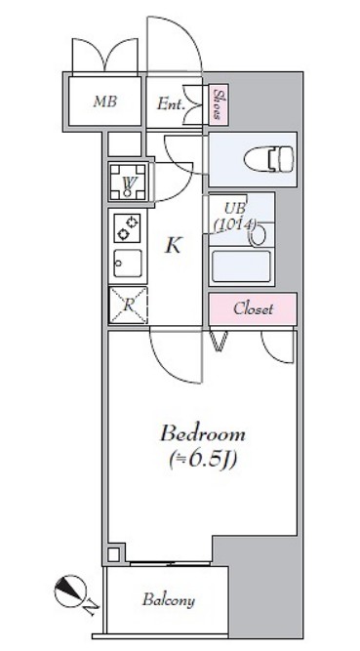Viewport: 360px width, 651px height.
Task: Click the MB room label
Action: click(104, 102)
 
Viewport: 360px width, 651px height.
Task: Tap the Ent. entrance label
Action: click(171, 104)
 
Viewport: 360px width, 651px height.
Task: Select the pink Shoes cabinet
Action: click(219, 104)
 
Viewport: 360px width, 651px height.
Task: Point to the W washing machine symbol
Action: click(128, 183)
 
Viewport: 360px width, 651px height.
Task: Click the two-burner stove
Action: click(127, 228)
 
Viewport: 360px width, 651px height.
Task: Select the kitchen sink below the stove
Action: click(128, 264)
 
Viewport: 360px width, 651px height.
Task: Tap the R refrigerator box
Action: click(128, 305)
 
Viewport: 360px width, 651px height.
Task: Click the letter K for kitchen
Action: click(173, 246)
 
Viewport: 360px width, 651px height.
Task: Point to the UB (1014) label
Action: click(234, 217)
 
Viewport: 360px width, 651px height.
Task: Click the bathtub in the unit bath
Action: click(241, 265)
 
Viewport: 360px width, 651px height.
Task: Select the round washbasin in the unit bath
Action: click(258, 234)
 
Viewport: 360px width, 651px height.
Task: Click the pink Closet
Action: click(253, 309)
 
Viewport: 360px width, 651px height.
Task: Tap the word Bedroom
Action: click(203, 434)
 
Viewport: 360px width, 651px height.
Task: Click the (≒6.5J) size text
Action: click(203, 460)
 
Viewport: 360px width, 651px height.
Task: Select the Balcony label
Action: click(169, 600)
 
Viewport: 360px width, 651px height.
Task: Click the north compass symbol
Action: click(70, 590)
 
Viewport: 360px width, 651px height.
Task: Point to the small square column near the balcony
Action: click(113, 553)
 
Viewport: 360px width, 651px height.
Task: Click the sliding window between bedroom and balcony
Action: click(170, 563)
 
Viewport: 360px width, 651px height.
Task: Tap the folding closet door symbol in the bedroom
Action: click(220, 341)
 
